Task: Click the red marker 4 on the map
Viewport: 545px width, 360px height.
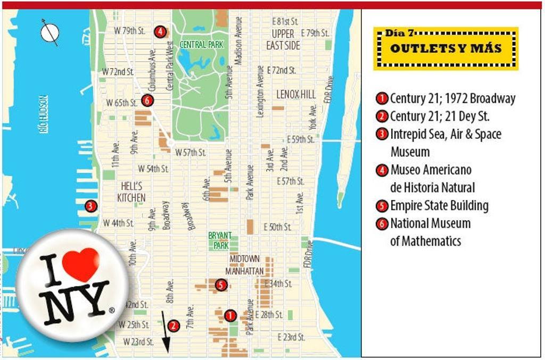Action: pos(160,31)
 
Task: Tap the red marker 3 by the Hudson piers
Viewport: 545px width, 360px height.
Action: pos(91,206)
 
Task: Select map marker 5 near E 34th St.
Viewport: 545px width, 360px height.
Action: pos(221,285)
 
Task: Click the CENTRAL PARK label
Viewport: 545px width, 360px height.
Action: pos(201,45)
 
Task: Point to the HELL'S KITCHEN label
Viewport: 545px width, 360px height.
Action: pos(131,192)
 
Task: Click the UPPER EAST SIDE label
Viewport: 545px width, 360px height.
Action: pos(283,40)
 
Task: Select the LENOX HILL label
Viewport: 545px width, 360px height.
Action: pos(296,95)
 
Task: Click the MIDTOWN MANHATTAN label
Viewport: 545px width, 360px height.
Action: pos(245,265)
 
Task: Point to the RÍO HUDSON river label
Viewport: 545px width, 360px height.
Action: pos(44,114)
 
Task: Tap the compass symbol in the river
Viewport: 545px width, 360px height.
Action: pos(49,32)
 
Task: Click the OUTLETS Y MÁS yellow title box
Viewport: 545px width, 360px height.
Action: pos(445,48)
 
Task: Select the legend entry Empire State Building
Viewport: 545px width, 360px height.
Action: pos(439,206)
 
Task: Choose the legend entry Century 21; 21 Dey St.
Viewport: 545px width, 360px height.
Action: pos(440,116)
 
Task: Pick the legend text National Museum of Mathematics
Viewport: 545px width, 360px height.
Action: pos(430,232)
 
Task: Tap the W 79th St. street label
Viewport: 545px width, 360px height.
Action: pos(129,31)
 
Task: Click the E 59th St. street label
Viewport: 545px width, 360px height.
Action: pos(300,139)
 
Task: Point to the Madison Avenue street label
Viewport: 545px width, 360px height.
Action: pos(239,40)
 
